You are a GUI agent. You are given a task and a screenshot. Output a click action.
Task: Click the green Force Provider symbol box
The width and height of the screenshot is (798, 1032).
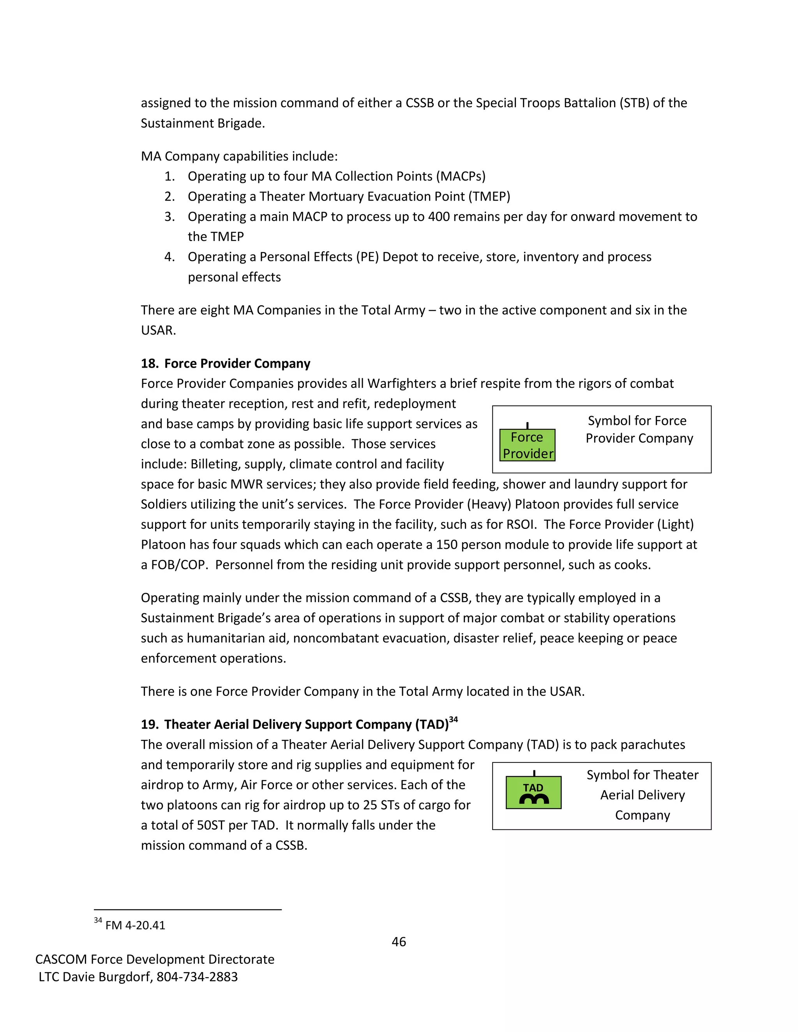[527, 445]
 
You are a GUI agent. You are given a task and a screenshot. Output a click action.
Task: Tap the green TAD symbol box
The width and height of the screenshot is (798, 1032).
[533, 793]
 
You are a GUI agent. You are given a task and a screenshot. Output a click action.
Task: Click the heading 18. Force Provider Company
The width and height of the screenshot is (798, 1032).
[226, 363]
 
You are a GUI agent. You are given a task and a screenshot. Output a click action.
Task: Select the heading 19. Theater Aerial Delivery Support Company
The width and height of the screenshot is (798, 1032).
[295, 724]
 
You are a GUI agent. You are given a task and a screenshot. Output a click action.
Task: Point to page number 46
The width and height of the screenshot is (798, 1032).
[399, 942]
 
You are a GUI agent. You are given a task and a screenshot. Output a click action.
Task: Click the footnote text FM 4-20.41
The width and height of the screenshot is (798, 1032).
[135, 925]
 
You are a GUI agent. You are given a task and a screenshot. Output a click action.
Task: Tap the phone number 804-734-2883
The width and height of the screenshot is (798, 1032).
[197, 977]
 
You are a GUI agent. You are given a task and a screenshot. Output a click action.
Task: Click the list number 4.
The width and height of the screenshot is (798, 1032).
[169, 257]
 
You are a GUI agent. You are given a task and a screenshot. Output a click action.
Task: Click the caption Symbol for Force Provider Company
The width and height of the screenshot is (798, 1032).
[639, 430]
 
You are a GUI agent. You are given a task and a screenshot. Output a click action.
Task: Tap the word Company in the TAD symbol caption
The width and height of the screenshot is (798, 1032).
[643, 815]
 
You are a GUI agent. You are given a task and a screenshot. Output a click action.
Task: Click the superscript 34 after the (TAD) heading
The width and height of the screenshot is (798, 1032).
[454, 720]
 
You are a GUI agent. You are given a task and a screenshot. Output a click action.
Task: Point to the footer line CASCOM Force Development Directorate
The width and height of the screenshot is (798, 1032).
[155, 959]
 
